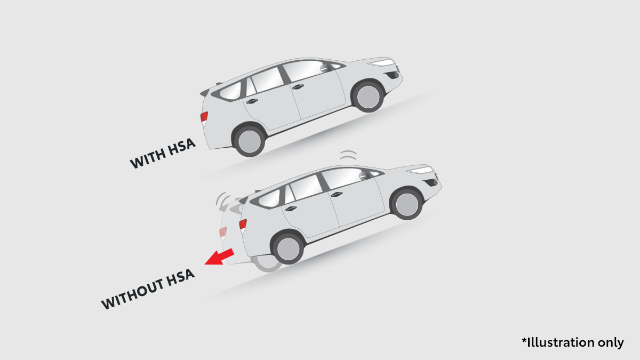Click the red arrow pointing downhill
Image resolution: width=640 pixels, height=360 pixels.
click(x=219, y=257)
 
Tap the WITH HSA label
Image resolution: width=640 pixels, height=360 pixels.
click(x=163, y=154)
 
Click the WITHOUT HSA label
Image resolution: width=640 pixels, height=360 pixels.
click(x=148, y=289)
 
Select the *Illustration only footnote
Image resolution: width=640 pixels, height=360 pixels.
click(x=573, y=342)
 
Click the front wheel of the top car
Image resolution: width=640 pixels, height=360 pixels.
click(x=368, y=96)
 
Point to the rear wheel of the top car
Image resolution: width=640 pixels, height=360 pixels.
click(x=249, y=141)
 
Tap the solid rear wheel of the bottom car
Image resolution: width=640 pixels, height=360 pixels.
click(x=287, y=248)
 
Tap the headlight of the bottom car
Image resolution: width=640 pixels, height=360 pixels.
click(x=421, y=170)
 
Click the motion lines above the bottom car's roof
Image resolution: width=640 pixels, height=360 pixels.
click(x=348, y=156)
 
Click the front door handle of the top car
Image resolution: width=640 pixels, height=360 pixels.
click(x=298, y=86)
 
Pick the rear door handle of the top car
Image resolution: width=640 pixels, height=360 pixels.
click(x=252, y=101)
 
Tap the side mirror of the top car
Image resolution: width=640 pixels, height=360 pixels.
click(x=325, y=68)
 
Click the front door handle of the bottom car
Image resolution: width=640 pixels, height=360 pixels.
click(x=337, y=194)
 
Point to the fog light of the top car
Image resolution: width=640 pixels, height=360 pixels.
click(x=393, y=75)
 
